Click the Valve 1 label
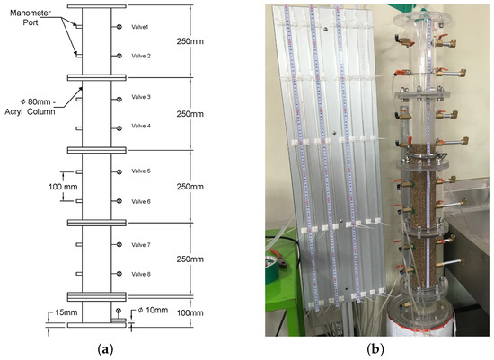[143, 27]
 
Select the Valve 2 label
[143, 56]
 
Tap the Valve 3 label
[143, 96]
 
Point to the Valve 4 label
[143, 126]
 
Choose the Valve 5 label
[143, 171]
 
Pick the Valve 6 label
[143, 201]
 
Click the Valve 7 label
[143, 244]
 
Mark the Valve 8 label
[143, 274]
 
